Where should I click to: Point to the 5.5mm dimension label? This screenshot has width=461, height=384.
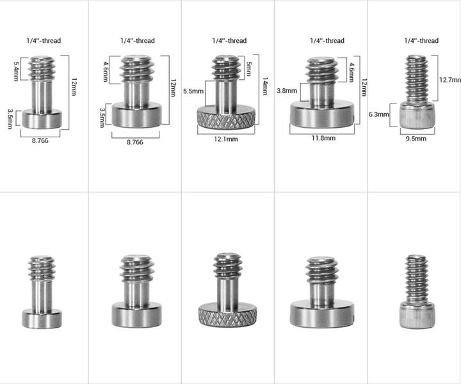193,91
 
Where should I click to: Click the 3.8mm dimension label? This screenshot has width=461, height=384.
285,91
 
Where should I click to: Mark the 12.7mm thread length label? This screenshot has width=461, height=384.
450,80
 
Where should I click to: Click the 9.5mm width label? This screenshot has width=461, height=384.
416,137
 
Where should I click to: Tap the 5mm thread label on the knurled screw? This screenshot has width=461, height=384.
248,68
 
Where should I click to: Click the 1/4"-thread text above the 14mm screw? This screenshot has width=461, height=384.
229,41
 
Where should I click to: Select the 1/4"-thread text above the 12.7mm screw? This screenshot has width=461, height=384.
421,41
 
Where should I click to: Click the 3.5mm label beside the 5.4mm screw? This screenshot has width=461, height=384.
11,118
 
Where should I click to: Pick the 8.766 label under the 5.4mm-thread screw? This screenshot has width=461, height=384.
40,141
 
